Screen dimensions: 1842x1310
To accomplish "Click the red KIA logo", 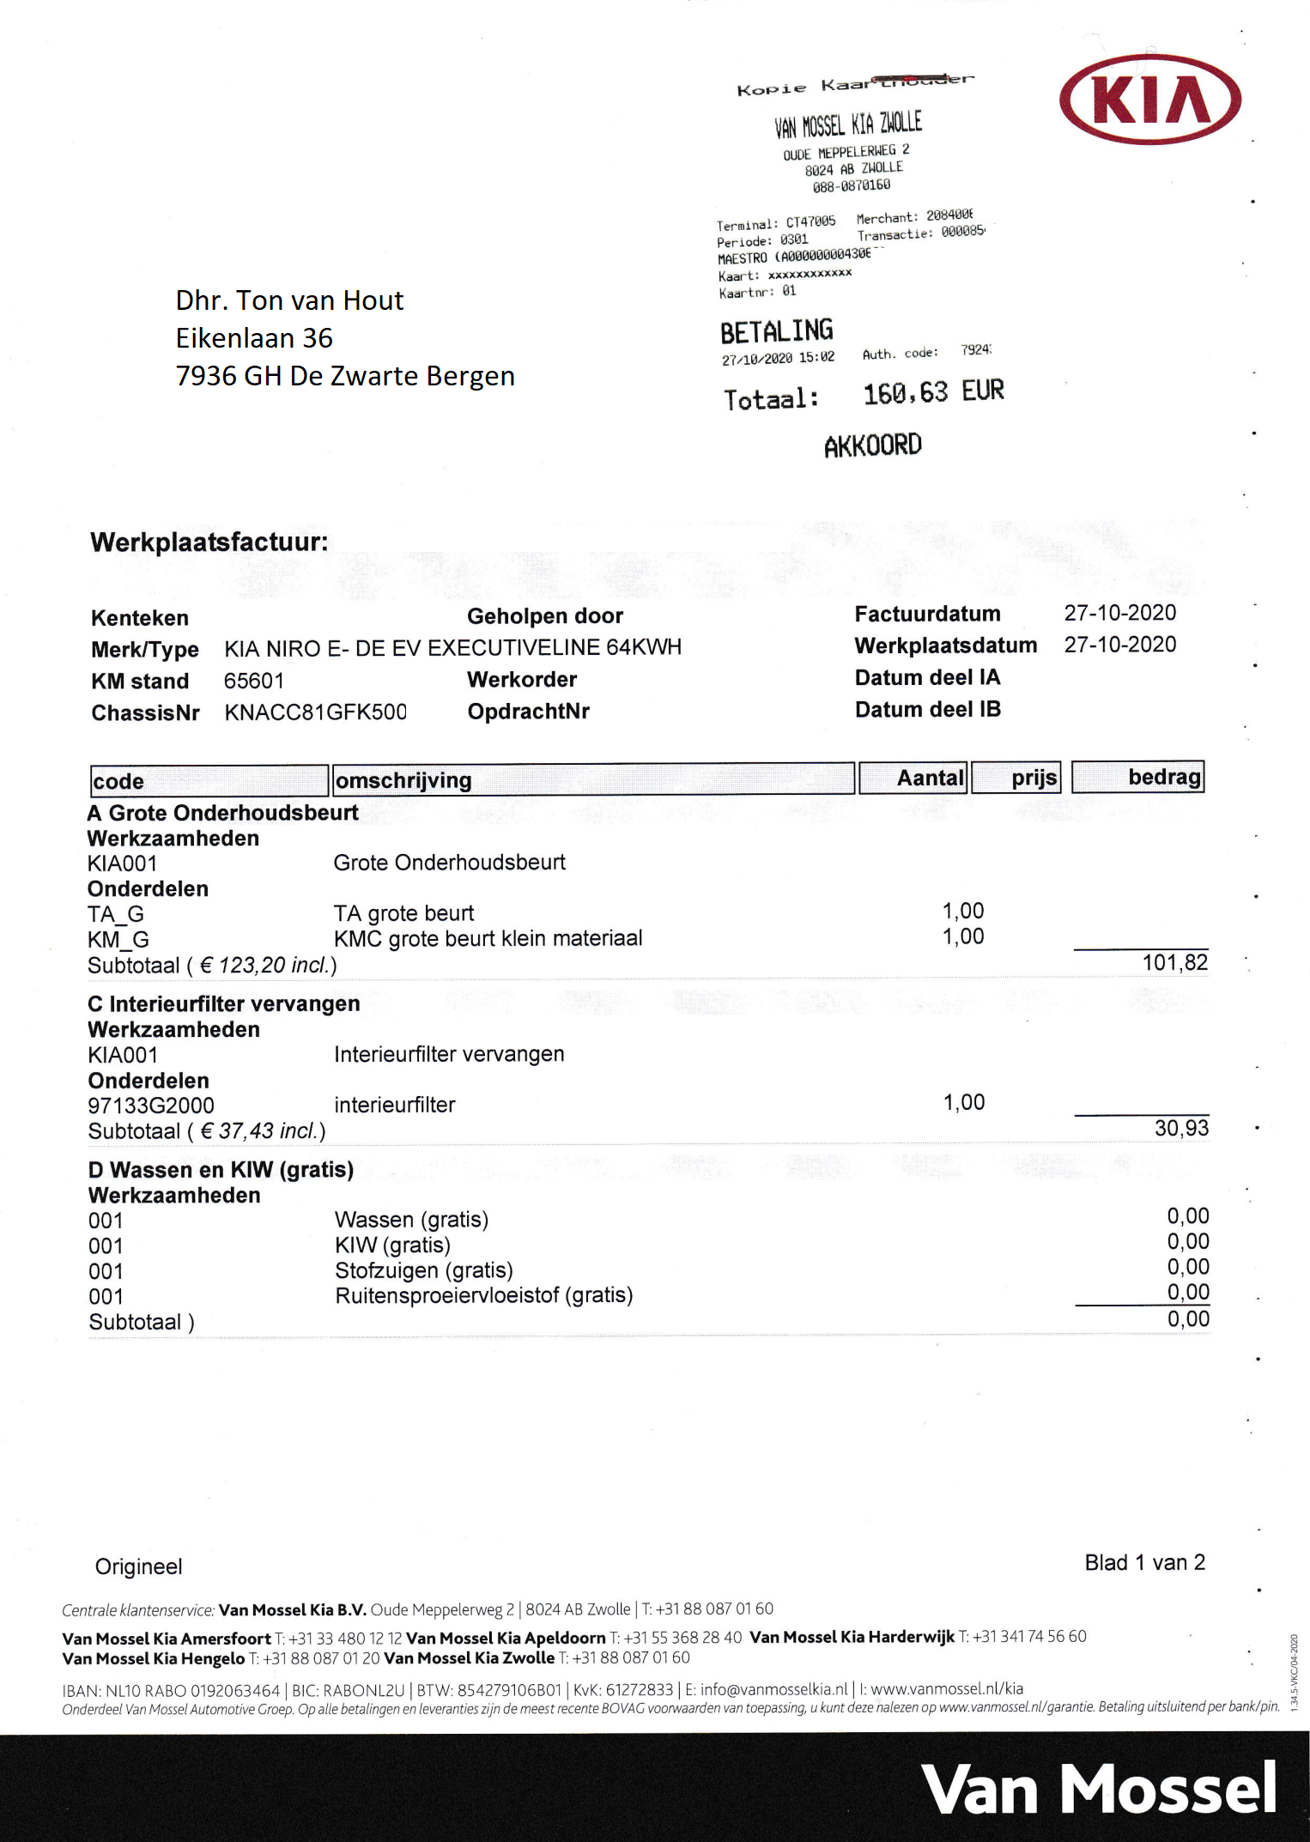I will [1150, 100].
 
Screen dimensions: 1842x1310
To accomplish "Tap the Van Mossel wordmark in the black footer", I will [1100, 1789].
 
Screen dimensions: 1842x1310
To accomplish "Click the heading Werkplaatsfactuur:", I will [209, 542].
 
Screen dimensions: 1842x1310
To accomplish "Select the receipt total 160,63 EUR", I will [933, 393].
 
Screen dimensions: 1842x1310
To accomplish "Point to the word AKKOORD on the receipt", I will [872, 445].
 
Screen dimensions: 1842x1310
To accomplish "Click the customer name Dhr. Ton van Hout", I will [289, 300].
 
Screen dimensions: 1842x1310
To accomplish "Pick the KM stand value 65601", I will [253, 681].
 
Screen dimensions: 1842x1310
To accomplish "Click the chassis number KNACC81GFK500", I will [315, 712].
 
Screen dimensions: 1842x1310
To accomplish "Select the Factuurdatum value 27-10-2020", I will [1119, 613].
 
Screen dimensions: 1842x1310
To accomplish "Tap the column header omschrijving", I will [403, 780].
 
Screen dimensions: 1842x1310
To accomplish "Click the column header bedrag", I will [1163, 777].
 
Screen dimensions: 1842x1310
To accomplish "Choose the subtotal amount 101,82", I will [1174, 962].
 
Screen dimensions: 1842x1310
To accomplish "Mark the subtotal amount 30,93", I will [1181, 1128].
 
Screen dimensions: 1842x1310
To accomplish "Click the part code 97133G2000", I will [151, 1106].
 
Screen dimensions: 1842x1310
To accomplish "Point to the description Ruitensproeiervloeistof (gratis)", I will [483, 1295].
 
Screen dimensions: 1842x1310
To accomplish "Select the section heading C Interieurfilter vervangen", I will [224, 1004].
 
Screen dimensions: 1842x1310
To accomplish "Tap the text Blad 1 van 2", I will [1144, 1562].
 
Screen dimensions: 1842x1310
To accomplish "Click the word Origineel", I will [139, 1566].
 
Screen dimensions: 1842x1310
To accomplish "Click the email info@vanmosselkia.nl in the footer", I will [773, 1689].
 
